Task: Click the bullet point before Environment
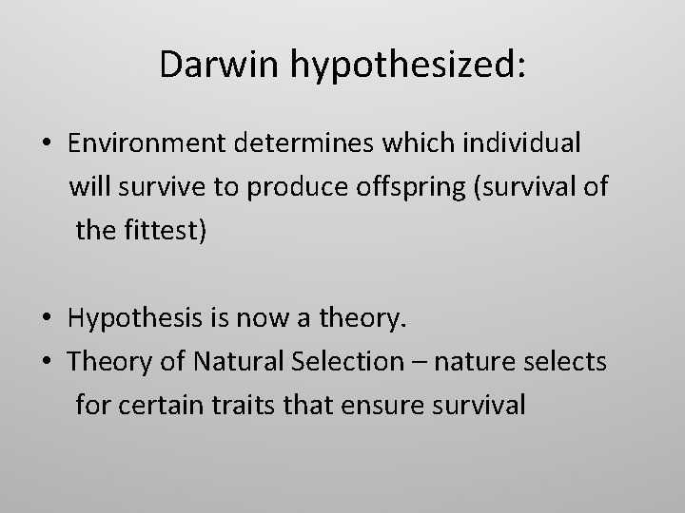(46, 143)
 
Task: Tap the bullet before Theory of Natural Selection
(46, 362)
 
